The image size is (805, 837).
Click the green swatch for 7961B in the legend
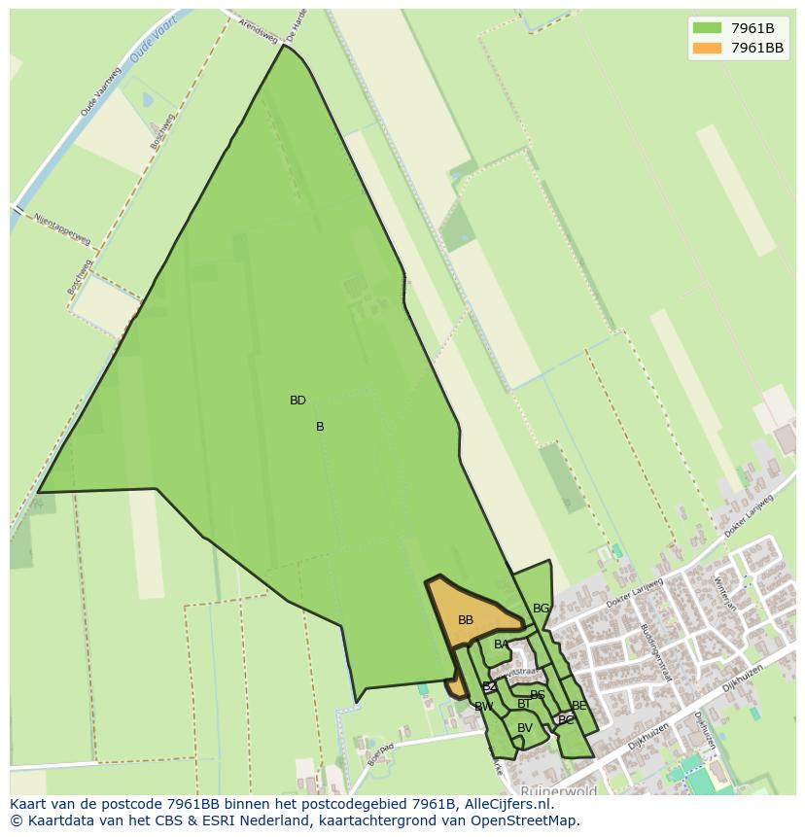point(707,28)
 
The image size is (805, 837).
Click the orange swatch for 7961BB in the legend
point(707,48)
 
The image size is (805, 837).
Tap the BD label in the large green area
point(297,401)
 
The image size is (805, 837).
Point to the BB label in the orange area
point(466,620)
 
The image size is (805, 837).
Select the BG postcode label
point(541,609)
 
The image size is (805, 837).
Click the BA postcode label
point(501,645)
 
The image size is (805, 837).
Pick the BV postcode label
point(525,728)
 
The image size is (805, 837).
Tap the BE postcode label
point(579,706)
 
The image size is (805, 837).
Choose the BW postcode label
point(483,707)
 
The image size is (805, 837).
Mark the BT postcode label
point(524,704)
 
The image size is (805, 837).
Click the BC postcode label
point(566,720)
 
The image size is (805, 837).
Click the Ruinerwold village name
point(558,791)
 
